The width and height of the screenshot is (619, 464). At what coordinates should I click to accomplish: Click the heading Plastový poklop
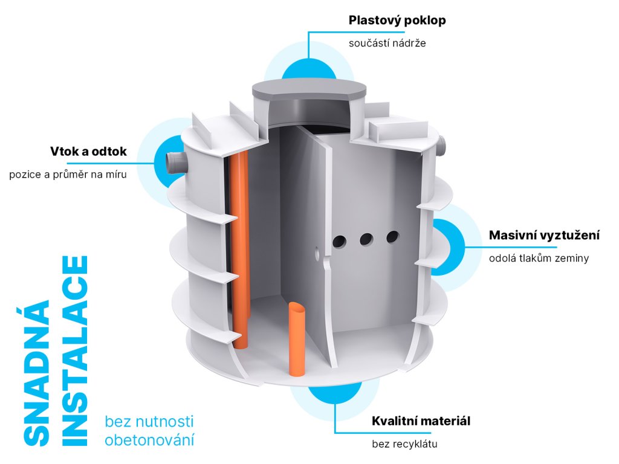[x=397, y=21]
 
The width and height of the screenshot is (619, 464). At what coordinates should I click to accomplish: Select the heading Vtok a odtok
[x=88, y=151]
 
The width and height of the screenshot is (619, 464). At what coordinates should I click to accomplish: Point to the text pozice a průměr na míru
[x=68, y=175]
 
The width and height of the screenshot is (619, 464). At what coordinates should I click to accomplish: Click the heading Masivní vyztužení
[x=544, y=235]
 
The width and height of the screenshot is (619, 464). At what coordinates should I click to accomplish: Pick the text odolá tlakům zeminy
[x=539, y=259]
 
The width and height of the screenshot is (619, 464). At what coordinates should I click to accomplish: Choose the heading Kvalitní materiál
[x=421, y=420]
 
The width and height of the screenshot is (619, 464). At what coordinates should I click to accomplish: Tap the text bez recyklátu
[x=404, y=444]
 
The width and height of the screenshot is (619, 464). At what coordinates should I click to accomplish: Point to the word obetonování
[x=150, y=439]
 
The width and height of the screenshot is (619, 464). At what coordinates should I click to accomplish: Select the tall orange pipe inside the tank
[x=240, y=242]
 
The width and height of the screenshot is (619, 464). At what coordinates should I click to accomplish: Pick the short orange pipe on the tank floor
[x=297, y=338]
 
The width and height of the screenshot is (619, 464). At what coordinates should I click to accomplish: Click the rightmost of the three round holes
[x=393, y=236]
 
